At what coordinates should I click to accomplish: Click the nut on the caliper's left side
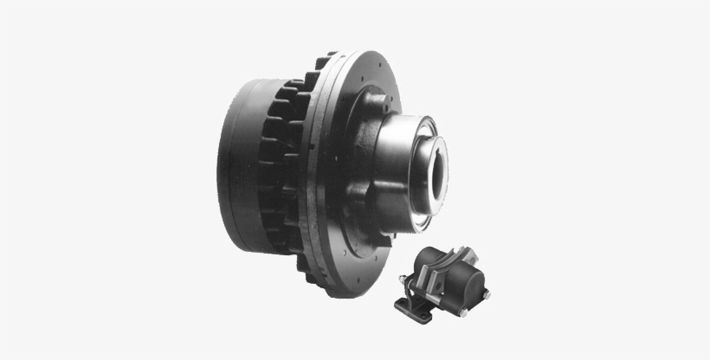click(403, 279)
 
